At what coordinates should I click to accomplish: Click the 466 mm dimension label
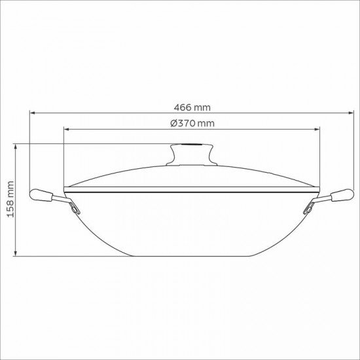click(x=192, y=107)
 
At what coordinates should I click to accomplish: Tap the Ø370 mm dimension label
click(x=192, y=123)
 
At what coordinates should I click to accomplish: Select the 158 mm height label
click(x=10, y=200)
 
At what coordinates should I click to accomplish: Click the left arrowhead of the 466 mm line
click(x=30, y=113)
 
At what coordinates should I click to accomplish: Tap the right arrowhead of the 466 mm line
click(x=352, y=113)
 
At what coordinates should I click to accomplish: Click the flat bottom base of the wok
click(x=192, y=253)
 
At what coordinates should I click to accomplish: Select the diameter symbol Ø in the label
click(x=172, y=123)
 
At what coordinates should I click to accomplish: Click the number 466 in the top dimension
click(x=183, y=107)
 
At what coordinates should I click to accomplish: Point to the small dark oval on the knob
click(x=192, y=146)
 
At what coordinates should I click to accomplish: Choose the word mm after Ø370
click(x=206, y=123)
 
